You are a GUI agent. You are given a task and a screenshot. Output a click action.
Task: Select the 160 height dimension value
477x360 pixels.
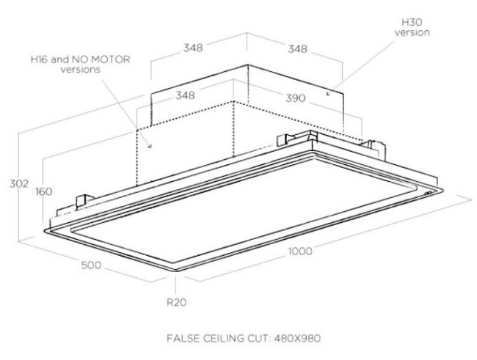(x=43, y=191)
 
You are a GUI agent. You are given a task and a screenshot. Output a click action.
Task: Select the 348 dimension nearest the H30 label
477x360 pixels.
(x=297, y=49)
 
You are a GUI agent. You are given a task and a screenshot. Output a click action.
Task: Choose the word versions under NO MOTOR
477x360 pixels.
(x=79, y=70)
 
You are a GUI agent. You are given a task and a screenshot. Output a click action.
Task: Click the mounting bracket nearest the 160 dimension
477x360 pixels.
(x=85, y=200)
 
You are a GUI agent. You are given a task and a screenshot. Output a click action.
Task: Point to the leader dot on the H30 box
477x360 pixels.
(x=327, y=94)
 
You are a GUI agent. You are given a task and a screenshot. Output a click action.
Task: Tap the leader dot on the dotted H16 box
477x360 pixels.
(x=150, y=146)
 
